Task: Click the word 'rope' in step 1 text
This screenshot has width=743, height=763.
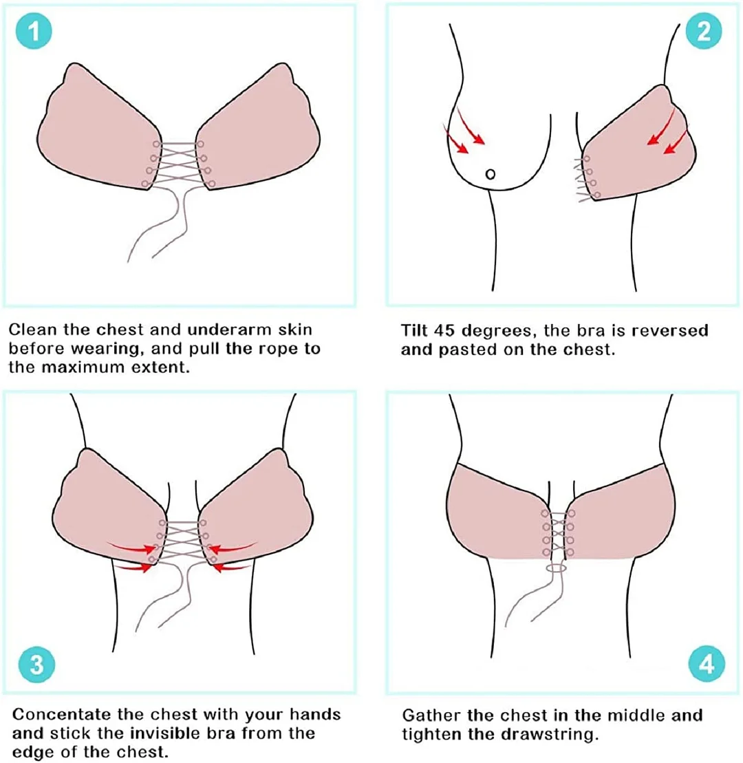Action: (x=265, y=349)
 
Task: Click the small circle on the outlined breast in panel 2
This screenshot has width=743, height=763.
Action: (x=490, y=174)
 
